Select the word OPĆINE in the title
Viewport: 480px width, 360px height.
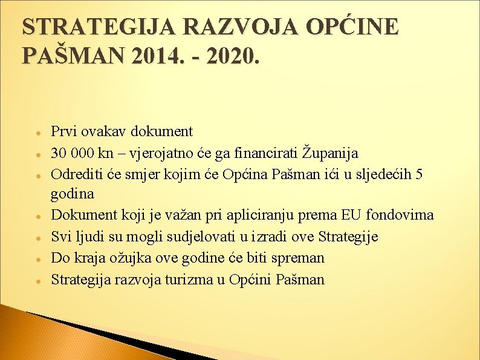click(353, 28)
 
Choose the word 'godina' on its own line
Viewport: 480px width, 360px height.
click(73, 194)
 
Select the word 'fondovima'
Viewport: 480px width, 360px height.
click(400, 215)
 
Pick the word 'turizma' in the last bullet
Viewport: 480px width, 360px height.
click(187, 280)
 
